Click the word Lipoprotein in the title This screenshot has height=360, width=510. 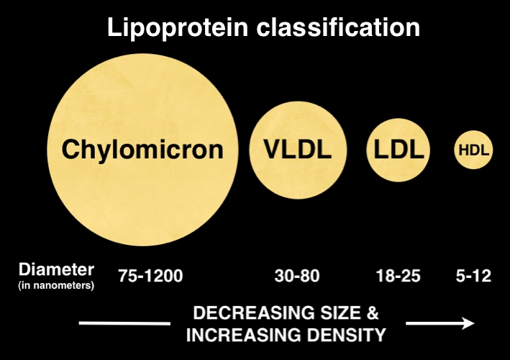[178, 28]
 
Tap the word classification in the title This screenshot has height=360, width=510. [338, 27]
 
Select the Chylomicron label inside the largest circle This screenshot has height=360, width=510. [142, 150]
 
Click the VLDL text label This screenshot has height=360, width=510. [298, 149]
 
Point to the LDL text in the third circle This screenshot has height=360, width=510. [399, 149]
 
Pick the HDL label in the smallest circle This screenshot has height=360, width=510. [473, 150]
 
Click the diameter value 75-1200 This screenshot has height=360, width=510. [150, 276]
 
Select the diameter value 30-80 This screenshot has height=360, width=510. [297, 276]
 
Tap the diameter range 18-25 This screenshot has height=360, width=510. [398, 276]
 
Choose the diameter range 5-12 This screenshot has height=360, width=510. [473, 276]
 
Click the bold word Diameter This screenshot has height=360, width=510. [56, 269]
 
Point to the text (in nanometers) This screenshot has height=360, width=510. [56, 285]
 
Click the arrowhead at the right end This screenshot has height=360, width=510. [469, 323]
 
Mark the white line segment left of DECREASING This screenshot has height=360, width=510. [124, 323]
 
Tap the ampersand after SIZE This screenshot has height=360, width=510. [373, 312]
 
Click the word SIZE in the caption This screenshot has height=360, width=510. [340, 312]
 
